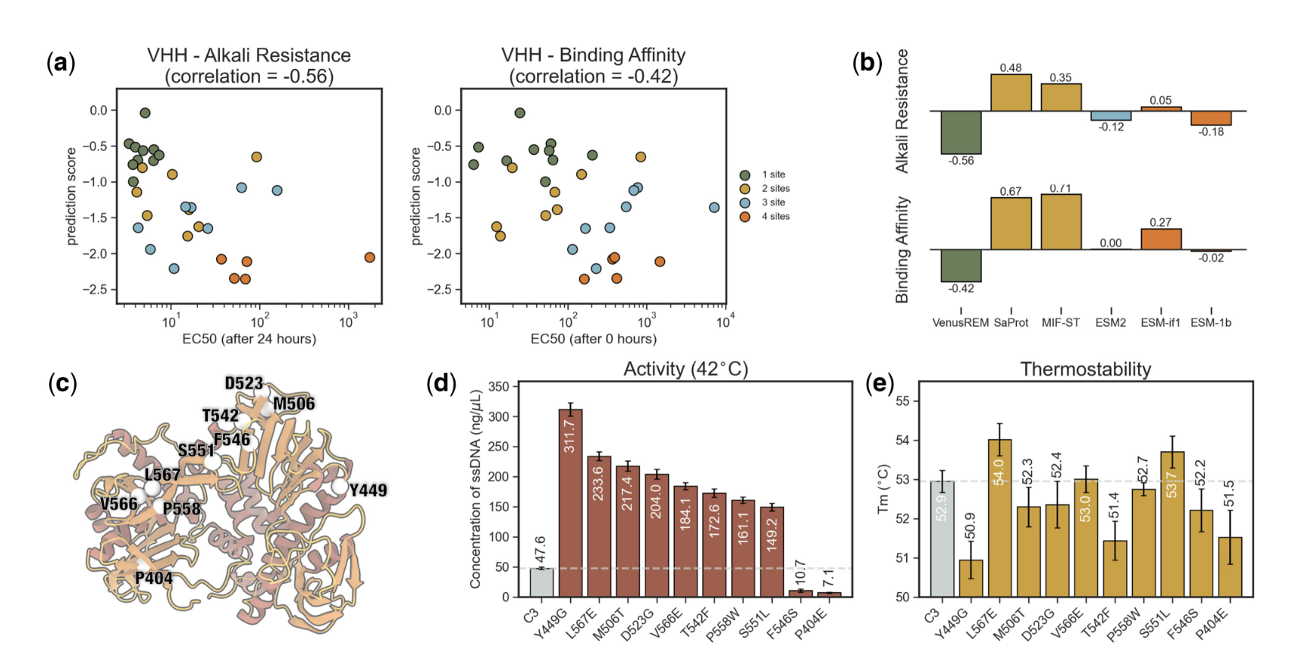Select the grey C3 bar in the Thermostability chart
[x=941, y=538]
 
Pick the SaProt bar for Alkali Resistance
[x=1011, y=93]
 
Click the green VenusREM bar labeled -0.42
[x=961, y=265]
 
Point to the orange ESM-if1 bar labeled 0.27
[x=1160, y=239]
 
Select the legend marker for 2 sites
[x=745, y=189]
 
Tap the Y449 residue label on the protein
[x=368, y=491]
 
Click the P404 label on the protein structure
[x=154, y=579]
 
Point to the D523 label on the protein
[x=243, y=384]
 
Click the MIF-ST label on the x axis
[x=1060, y=322]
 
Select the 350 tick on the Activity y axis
[x=498, y=387]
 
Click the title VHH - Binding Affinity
[x=593, y=55]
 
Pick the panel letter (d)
[x=441, y=384]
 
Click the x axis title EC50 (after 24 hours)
[x=249, y=338]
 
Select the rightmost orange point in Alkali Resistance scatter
[x=369, y=258]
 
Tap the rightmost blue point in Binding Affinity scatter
[x=714, y=208]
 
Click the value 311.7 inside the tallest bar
[x=570, y=435]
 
